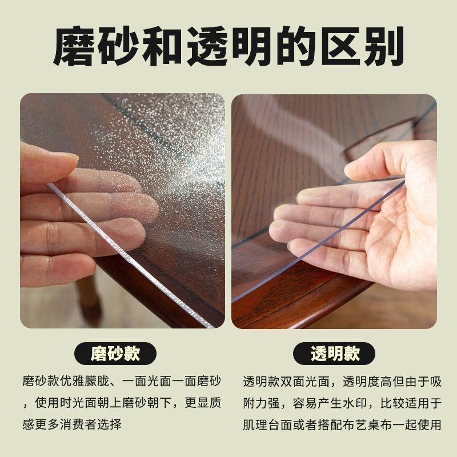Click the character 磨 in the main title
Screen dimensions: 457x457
coord(75,46)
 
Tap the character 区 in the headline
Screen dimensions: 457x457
coord(341,46)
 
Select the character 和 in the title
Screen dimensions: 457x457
coord(163,46)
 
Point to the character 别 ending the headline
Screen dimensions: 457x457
coord(384,46)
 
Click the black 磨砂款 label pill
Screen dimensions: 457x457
coord(115,354)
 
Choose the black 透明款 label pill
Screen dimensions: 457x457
coord(334,354)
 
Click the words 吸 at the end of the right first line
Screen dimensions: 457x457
coord(435,382)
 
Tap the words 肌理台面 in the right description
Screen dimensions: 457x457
coord(267,425)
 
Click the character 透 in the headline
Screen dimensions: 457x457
coord(208,46)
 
